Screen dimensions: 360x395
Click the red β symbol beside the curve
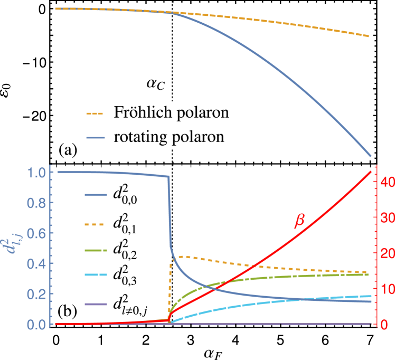299,220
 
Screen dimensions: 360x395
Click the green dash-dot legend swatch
96,250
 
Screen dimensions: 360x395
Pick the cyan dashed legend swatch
96,275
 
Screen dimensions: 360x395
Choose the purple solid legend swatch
96,304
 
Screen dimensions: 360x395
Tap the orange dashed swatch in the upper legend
95,113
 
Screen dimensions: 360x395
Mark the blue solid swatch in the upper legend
96,138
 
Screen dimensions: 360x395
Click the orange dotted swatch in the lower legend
94,224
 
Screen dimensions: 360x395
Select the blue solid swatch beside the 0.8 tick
96,195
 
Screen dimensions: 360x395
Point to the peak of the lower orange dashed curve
181,257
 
